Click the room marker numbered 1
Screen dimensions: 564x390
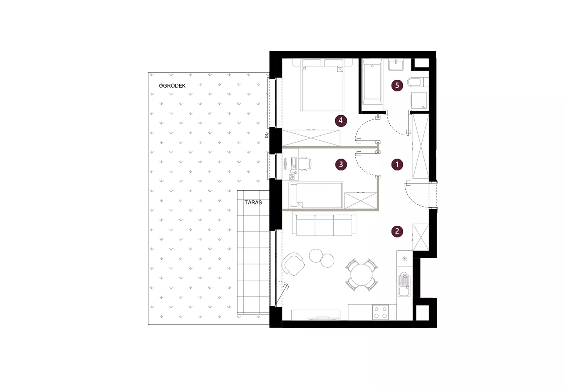coord(397,165)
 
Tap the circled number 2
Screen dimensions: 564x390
coord(397,231)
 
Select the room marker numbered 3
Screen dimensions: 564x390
coord(341,165)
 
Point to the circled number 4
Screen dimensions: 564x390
coord(341,121)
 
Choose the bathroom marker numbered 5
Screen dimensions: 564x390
coord(397,86)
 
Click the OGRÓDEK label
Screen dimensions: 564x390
coord(172,86)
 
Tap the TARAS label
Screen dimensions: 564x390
coord(253,202)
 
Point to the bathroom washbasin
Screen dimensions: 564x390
coord(396,65)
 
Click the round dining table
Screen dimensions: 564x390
coord(362,274)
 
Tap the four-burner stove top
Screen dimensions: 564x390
coord(380,312)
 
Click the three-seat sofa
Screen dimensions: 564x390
coord(324,225)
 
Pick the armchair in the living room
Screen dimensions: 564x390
coord(293,264)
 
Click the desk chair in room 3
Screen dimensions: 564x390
coord(305,164)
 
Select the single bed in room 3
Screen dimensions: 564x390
coord(316,195)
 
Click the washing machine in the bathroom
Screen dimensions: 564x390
coord(419,100)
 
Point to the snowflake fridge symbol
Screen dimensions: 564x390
coord(404,259)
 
